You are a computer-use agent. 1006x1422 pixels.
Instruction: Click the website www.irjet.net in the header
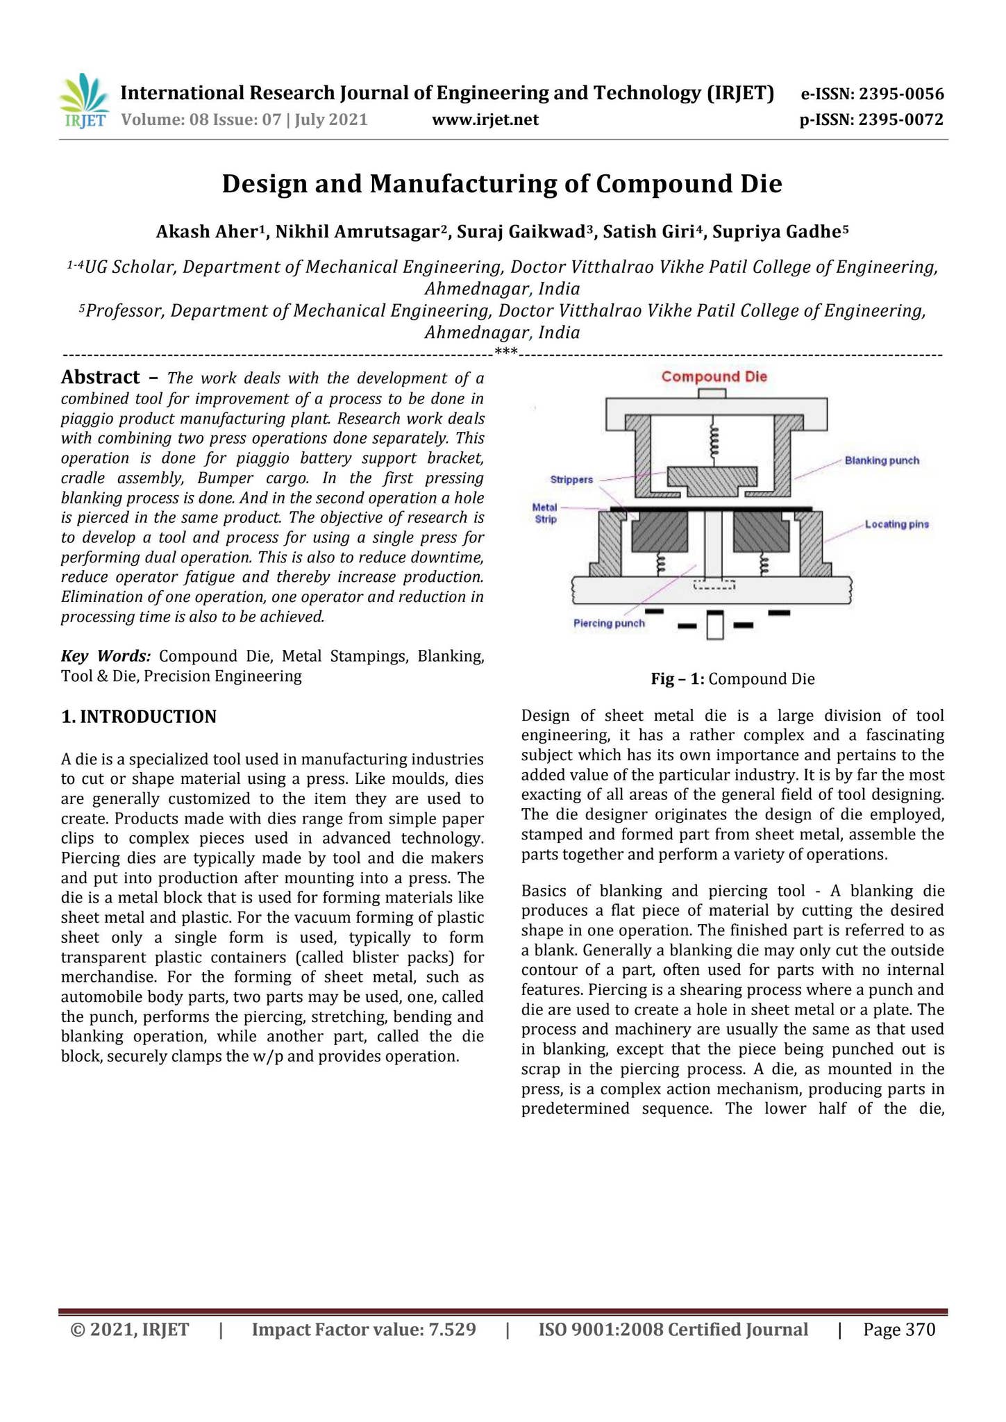click(x=485, y=120)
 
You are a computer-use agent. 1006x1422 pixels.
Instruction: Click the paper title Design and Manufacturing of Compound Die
click(x=502, y=184)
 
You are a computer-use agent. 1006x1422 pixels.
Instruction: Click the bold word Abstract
click(x=101, y=378)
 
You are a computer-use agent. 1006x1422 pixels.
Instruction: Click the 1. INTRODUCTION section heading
click(x=139, y=717)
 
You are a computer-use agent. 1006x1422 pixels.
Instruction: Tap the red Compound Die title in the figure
click(x=714, y=377)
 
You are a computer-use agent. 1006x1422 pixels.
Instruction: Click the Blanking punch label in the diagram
click(x=882, y=460)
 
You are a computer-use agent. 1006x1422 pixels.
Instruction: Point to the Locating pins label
click(x=896, y=524)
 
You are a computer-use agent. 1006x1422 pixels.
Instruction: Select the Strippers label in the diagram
click(x=571, y=479)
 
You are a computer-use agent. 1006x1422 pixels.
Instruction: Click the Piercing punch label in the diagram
click(x=609, y=623)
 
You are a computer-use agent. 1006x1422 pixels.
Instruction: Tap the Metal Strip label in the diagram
click(x=545, y=514)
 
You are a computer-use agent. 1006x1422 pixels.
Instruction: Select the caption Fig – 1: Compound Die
click(x=732, y=679)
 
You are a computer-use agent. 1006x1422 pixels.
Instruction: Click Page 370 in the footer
click(x=899, y=1330)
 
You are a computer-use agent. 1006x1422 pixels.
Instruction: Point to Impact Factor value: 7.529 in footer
click(x=363, y=1330)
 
